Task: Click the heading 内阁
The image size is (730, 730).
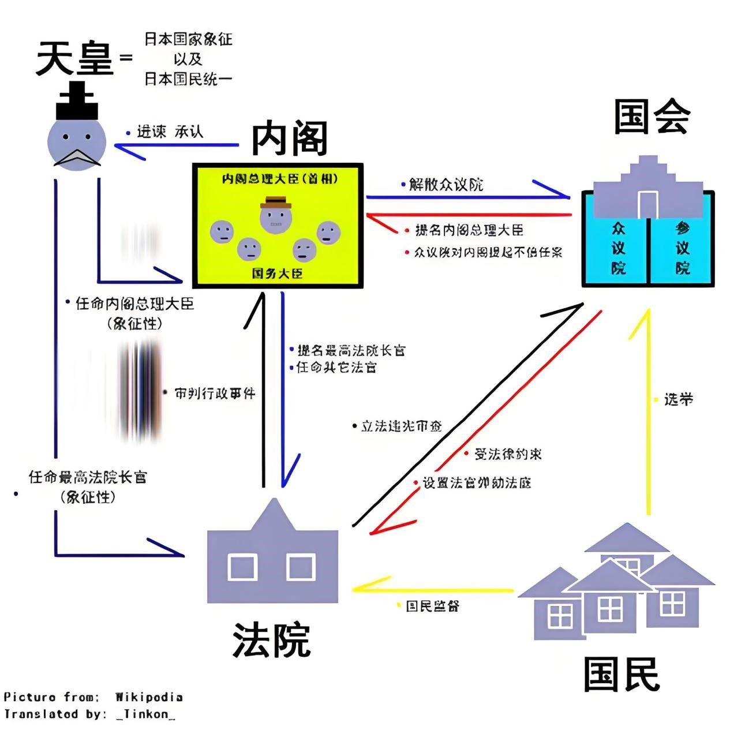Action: pos(289,138)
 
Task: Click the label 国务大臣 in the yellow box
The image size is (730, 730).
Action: pos(277,273)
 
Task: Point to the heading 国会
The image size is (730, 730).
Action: pos(652,117)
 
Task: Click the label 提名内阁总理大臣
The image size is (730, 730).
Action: pos(469,230)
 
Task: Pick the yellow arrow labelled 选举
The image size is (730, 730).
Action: pos(648,410)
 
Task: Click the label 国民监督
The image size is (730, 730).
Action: pos(432,606)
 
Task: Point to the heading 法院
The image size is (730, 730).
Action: pos(271,639)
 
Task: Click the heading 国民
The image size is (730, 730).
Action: pos(622,673)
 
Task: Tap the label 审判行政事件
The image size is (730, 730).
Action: pos(215,394)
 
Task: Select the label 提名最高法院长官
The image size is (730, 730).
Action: pos(351,350)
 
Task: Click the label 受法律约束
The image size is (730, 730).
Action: pos(508,454)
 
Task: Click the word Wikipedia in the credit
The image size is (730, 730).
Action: pos(149,697)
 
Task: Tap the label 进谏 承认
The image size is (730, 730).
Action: pos(170,132)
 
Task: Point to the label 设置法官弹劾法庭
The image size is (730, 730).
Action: pos(477,483)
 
